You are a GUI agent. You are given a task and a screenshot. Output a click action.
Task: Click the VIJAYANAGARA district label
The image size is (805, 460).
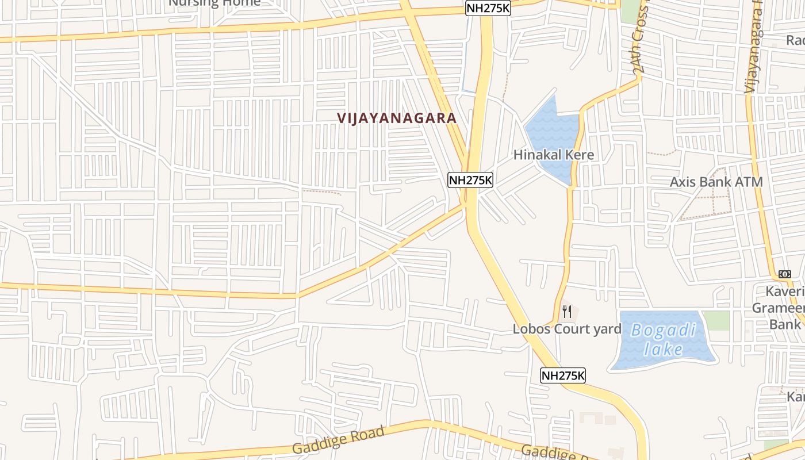pyautogui.click(x=397, y=118)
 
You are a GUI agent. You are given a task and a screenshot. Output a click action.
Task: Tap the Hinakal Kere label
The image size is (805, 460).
pyautogui.click(x=553, y=155)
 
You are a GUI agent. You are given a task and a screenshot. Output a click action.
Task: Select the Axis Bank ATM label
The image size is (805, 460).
pyautogui.click(x=716, y=182)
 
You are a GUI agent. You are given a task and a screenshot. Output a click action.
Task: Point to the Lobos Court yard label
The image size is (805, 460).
pyautogui.click(x=567, y=329)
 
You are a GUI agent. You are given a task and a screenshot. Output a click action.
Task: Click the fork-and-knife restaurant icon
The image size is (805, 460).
pyautogui.click(x=567, y=312)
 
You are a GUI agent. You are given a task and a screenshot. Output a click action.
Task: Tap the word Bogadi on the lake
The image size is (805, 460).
pyautogui.click(x=664, y=331)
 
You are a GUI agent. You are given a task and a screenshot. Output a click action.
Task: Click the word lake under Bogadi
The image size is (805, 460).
pyautogui.click(x=663, y=349)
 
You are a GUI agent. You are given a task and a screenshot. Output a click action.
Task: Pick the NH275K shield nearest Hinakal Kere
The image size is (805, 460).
pyautogui.click(x=470, y=180)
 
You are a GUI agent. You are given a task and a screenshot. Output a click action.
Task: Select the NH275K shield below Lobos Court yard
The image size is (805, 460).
pyautogui.click(x=563, y=376)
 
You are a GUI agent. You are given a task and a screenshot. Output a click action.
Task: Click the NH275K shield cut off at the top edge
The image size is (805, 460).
pyautogui.click(x=488, y=7)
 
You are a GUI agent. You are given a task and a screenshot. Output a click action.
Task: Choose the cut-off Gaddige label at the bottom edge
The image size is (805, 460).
pyautogui.click(x=552, y=453)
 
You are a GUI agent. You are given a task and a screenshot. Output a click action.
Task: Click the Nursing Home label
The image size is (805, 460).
pyautogui.click(x=214, y=3)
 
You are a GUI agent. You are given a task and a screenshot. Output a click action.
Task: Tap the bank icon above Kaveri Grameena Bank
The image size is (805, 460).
pyautogui.click(x=784, y=274)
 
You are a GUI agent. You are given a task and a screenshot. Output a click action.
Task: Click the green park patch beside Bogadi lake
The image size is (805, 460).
pyautogui.click(x=716, y=320)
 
